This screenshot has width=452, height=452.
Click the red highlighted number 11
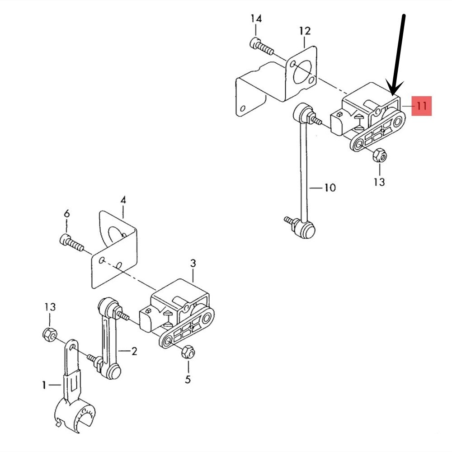(421, 106)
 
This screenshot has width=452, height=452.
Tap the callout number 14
(256, 19)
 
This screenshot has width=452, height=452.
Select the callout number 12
(305, 31)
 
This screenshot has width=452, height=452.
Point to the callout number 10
(330, 188)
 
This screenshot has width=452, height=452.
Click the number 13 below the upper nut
(379, 182)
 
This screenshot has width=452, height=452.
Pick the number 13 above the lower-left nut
(50, 307)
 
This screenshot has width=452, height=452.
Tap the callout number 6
(66, 214)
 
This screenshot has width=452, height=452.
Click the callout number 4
(123, 200)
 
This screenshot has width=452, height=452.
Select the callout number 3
(193, 263)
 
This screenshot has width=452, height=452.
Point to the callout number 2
(134, 351)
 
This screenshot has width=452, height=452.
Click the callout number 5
(188, 379)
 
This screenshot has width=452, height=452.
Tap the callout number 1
(44, 385)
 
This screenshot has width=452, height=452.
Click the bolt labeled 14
(261, 47)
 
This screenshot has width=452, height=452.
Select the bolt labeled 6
(71, 243)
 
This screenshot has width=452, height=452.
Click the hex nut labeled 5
(188, 352)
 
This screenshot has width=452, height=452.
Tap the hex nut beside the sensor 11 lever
(380, 155)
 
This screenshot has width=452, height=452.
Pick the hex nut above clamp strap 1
(50, 334)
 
